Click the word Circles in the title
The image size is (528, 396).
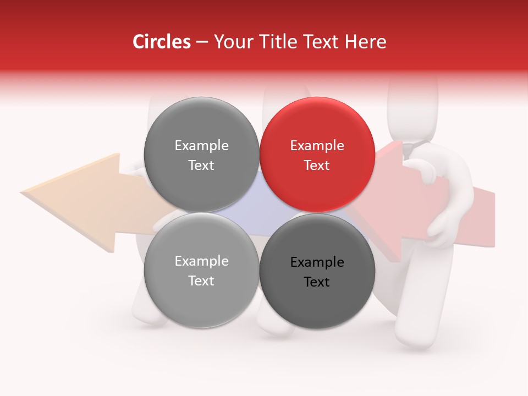(x=161, y=42)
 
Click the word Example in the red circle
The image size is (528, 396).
(x=317, y=146)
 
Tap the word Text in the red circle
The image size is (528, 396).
(x=317, y=166)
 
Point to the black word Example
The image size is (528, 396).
(x=317, y=262)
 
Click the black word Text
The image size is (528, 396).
(x=317, y=282)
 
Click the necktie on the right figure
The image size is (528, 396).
(x=408, y=150)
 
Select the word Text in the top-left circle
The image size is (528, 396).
(x=201, y=166)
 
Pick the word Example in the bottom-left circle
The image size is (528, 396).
(x=201, y=261)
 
